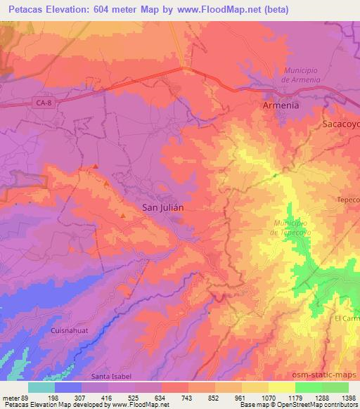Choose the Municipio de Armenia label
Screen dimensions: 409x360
[302, 74]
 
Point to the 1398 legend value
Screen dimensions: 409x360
[347, 397]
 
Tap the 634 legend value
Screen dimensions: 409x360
[161, 397]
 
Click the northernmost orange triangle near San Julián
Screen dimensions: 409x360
[95, 167]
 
